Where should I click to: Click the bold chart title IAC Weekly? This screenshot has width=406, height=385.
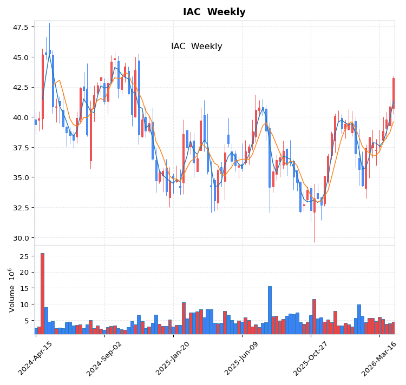tap(214, 12)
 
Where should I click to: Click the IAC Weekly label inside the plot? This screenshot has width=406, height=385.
tap(197, 47)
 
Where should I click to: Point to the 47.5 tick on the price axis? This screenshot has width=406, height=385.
tap(21, 27)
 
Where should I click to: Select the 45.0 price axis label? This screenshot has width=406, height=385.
tap(21, 57)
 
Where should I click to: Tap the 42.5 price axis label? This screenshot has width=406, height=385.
tap(21, 87)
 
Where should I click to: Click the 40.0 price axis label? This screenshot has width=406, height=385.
tap(21, 117)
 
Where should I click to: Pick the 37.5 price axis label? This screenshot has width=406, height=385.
tap(21, 147)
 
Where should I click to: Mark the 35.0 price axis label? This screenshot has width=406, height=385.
tap(21, 177)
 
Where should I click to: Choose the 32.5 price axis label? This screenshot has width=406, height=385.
tap(21, 207)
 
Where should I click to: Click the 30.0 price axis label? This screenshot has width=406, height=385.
tap(21, 237)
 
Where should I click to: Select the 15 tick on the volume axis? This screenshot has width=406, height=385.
tap(24, 288)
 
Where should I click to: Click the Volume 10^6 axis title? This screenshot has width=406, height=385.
tap(12, 289)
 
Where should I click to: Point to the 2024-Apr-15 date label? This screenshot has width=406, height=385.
tap(36, 358)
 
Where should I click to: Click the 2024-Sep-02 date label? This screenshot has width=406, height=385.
tap(104, 358)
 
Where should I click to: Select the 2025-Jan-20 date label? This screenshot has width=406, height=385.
tap(173, 358)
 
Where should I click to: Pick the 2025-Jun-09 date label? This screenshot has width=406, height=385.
tap(241, 358)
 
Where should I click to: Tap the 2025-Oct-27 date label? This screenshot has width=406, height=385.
tap(310, 358)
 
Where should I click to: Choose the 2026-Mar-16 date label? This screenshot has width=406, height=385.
tap(379, 358)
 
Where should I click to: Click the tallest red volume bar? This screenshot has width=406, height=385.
tap(42, 294)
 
